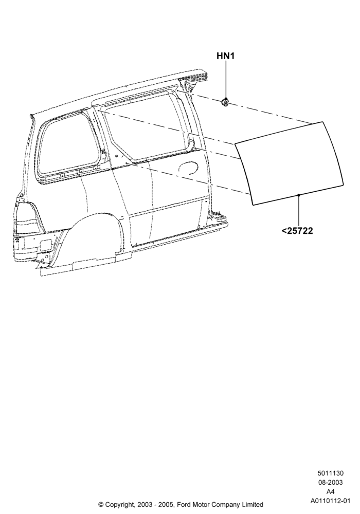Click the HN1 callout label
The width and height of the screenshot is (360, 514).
click(226, 56)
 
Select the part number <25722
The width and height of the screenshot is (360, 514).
click(297, 231)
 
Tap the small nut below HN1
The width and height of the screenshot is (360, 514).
click(225, 102)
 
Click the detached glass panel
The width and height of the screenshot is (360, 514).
click(289, 163)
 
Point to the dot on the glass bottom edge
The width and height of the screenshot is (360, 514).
click(299, 195)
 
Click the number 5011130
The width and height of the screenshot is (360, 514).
click(330, 473)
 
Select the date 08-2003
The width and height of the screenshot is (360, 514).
click(330, 483)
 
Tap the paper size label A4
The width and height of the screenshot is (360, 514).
click(330, 492)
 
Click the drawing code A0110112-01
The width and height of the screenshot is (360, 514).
click(330, 501)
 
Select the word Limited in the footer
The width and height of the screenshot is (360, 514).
click(253, 505)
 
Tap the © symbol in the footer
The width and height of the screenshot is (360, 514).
click(101, 505)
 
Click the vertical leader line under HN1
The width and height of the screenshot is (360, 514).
click(225, 80)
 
